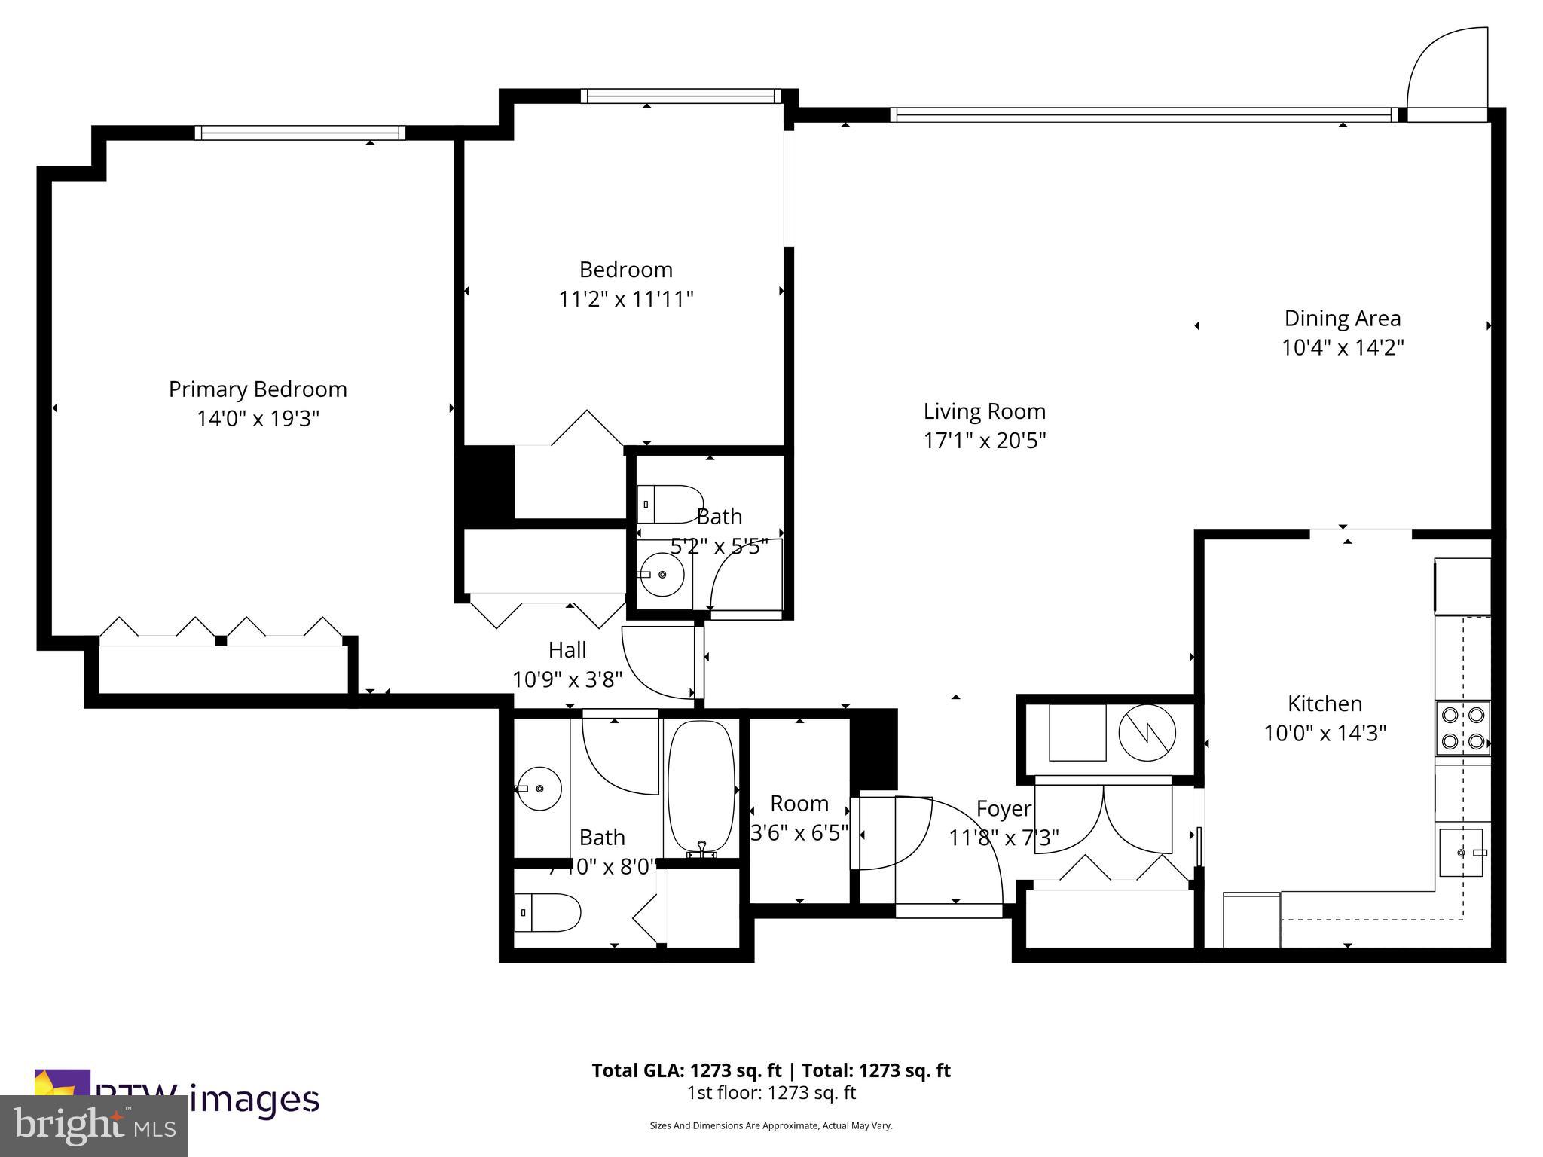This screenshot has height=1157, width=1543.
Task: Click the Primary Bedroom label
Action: (x=258, y=389)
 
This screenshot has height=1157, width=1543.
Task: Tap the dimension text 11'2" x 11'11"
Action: (x=625, y=300)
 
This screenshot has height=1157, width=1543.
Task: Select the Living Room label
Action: (x=984, y=411)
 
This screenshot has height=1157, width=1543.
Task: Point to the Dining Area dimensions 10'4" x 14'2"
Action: (x=1343, y=348)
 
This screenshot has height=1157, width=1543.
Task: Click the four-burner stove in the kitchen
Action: (x=1462, y=728)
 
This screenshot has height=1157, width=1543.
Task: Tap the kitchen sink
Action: (x=1461, y=853)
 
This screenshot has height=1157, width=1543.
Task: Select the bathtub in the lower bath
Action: (x=701, y=787)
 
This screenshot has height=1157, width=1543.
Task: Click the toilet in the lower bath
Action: (x=547, y=913)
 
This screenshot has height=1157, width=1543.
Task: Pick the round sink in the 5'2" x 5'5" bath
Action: (x=662, y=575)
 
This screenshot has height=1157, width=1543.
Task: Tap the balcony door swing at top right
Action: (x=1447, y=72)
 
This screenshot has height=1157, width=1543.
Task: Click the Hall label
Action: (x=567, y=650)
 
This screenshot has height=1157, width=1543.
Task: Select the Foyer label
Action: (x=1004, y=809)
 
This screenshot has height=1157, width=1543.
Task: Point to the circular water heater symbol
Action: (x=1147, y=733)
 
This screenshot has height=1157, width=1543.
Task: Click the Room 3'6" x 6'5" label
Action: (x=799, y=804)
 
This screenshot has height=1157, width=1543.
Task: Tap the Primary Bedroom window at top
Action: (x=300, y=133)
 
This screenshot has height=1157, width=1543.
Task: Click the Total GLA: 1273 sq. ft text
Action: (x=687, y=1070)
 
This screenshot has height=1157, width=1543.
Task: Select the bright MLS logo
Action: (x=93, y=1125)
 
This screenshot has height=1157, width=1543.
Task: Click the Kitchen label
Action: (x=1325, y=704)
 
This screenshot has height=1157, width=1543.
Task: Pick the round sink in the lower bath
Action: (x=540, y=789)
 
